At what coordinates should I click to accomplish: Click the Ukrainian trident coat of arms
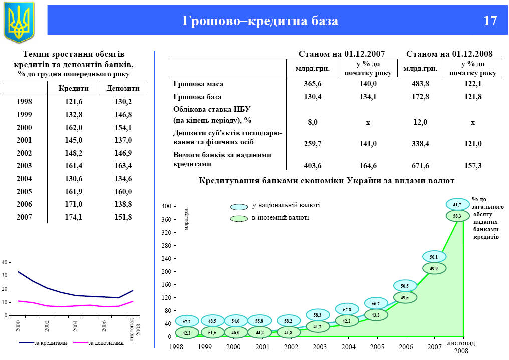click(x=19, y=22)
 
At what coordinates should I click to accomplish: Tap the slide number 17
click(x=490, y=21)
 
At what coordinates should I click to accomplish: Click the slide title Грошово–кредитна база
click(x=260, y=21)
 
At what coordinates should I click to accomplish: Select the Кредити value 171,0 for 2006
click(x=74, y=204)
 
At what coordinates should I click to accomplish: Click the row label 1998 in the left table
click(x=24, y=101)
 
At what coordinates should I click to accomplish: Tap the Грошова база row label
click(x=197, y=97)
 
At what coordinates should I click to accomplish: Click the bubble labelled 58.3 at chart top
click(x=457, y=216)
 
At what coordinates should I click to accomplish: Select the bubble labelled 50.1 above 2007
click(x=433, y=257)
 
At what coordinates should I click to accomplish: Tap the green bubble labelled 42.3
click(x=186, y=332)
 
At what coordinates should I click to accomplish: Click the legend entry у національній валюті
click(x=286, y=206)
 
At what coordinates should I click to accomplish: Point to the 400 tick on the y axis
click(x=166, y=206)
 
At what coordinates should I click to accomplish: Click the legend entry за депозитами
click(x=105, y=343)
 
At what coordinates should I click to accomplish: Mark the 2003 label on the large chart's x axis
click(x=319, y=346)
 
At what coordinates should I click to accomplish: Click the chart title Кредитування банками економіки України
click(x=326, y=180)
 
